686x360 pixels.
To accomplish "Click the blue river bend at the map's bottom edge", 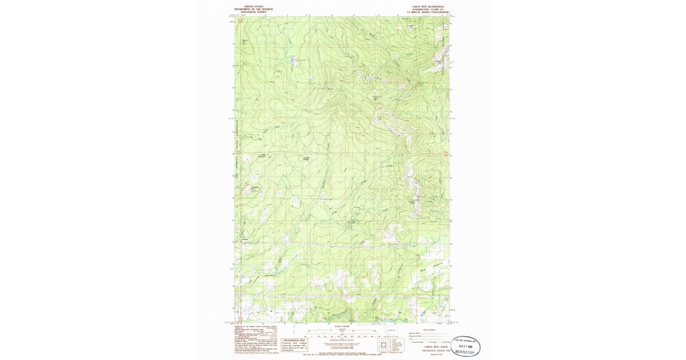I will point(343,318).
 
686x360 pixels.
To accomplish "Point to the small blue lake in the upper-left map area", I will point(292,59).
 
